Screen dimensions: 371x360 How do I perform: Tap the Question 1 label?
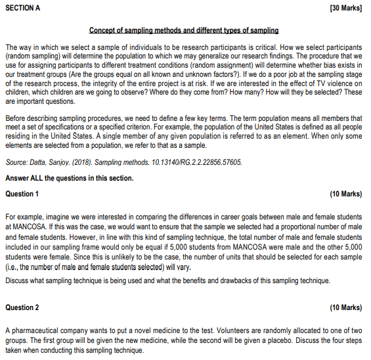[22, 194]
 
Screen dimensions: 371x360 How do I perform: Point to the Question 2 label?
[22, 307]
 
